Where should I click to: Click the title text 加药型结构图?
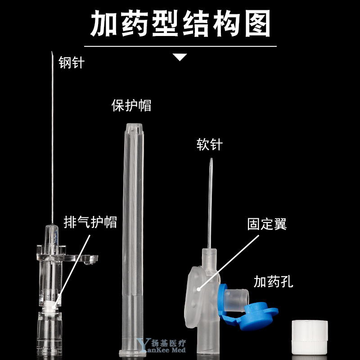pos(180,23)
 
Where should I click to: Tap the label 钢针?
pos(72,62)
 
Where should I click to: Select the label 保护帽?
pos(131,105)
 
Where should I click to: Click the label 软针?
pos(210,144)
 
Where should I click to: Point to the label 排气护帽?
pos(90,222)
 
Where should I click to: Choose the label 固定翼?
pos(267,224)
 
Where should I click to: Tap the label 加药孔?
pos(274,282)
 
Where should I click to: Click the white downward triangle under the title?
pos(180,57)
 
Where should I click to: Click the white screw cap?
pos(310,337)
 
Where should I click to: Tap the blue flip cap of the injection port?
pos(250,312)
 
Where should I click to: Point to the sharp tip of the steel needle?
pos(52,52)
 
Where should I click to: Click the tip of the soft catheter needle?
pos(211,158)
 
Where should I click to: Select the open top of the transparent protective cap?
pos(134,126)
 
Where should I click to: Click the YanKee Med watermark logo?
pos(161,346)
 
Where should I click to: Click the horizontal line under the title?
pos(180,46)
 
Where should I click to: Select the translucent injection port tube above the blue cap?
pos(237,300)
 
